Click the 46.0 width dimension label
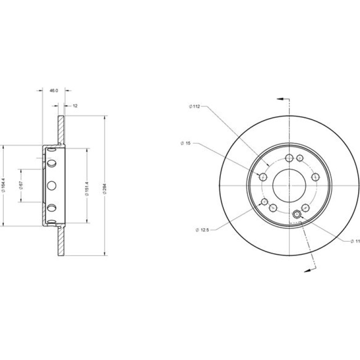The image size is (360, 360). (x=54, y=91)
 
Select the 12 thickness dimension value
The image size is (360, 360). (x=75, y=106)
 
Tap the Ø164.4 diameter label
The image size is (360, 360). (x=3, y=185)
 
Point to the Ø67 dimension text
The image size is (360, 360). (x=21, y=185)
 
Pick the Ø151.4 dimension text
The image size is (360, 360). (x=87, y=189)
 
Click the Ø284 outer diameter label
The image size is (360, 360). (x=105, y=189)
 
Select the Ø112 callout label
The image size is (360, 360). (x=194, y=106)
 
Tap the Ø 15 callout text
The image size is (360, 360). (x=186, y=143)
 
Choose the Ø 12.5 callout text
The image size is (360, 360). (x=202, y=230)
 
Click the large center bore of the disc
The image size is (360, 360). (x=289, y=186)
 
